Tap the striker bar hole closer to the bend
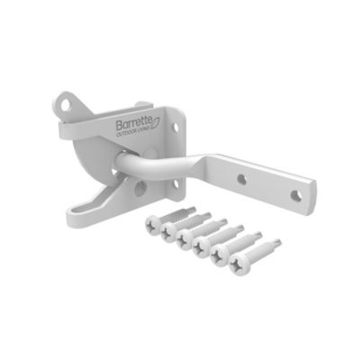click(242, 180)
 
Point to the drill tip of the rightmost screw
click(279, 241)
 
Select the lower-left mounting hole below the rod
click(139, 188)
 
